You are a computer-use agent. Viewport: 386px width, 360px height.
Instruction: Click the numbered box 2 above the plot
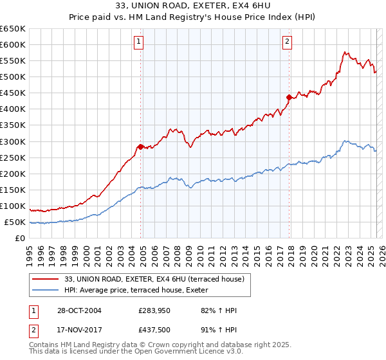[287, 42]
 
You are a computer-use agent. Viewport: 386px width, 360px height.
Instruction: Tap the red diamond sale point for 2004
[140, 147]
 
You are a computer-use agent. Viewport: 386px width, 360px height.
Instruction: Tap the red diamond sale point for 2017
[289, 97]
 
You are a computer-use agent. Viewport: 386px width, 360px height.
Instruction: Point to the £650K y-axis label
[13, 29]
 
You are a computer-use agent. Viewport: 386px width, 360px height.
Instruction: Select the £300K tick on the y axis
[13, 141]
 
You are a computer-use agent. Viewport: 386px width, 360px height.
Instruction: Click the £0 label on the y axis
[20, 239]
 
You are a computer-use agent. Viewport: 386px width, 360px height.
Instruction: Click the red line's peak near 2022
[345, 52]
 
